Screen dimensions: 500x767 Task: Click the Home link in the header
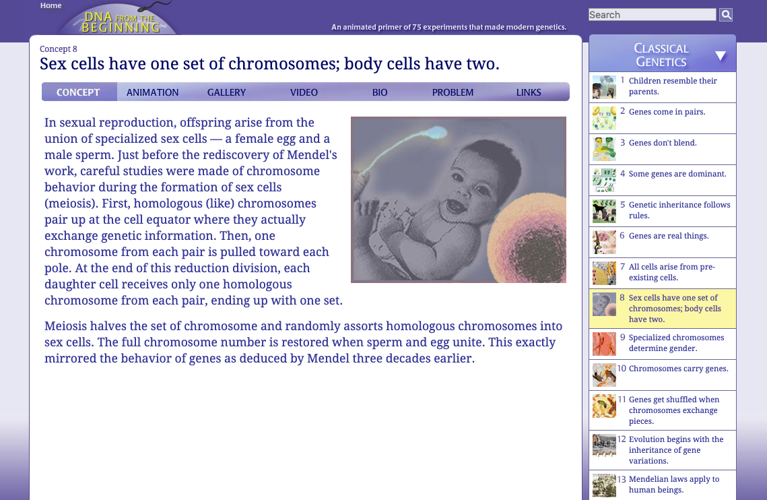tap(51, 5)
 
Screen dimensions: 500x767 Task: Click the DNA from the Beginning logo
tap(119, 22)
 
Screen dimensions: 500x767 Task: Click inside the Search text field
tap(651, 15)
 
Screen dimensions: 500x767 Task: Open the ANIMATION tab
tap(153, 92)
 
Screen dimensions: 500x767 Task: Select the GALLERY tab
tap(226, 92)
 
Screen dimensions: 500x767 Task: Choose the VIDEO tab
tap(304, 92)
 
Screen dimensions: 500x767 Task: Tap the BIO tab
tap(380, 92)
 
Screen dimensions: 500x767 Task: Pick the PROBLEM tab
tap(453, 92)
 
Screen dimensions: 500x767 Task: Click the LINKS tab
tap(529, 92)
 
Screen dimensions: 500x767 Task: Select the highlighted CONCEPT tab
tap(78, 92)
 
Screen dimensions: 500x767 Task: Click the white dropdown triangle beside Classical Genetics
tap(721, 56)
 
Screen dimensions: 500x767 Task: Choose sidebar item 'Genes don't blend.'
tap(662, 143)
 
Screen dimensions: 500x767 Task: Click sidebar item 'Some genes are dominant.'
tap(677, 174)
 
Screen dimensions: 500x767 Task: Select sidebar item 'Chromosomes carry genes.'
tap(678, 369)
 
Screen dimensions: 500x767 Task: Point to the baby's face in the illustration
tap(445, 182)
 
